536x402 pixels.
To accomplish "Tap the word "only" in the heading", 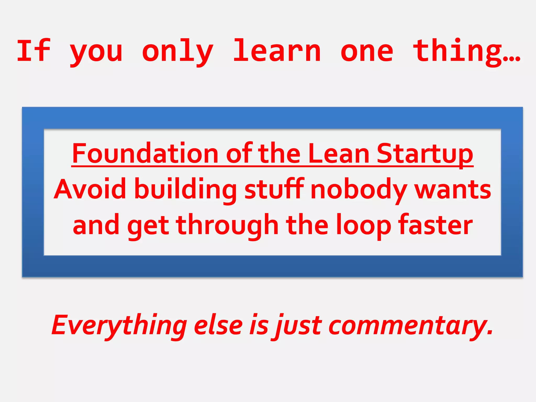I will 178,52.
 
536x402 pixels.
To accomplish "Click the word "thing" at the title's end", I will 458,52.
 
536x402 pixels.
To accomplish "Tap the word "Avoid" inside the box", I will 90,189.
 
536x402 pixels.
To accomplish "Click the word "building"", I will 186,190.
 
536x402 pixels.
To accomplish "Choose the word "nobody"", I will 359,190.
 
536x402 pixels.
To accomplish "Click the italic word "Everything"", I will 119,326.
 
